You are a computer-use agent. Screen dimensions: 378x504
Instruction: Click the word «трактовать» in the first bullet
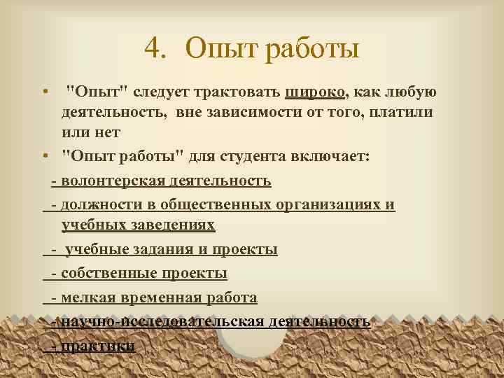pos(239,92)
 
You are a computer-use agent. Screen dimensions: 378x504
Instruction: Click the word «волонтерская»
pos(113,181)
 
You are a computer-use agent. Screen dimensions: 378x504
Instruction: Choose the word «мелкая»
pos(87,298)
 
